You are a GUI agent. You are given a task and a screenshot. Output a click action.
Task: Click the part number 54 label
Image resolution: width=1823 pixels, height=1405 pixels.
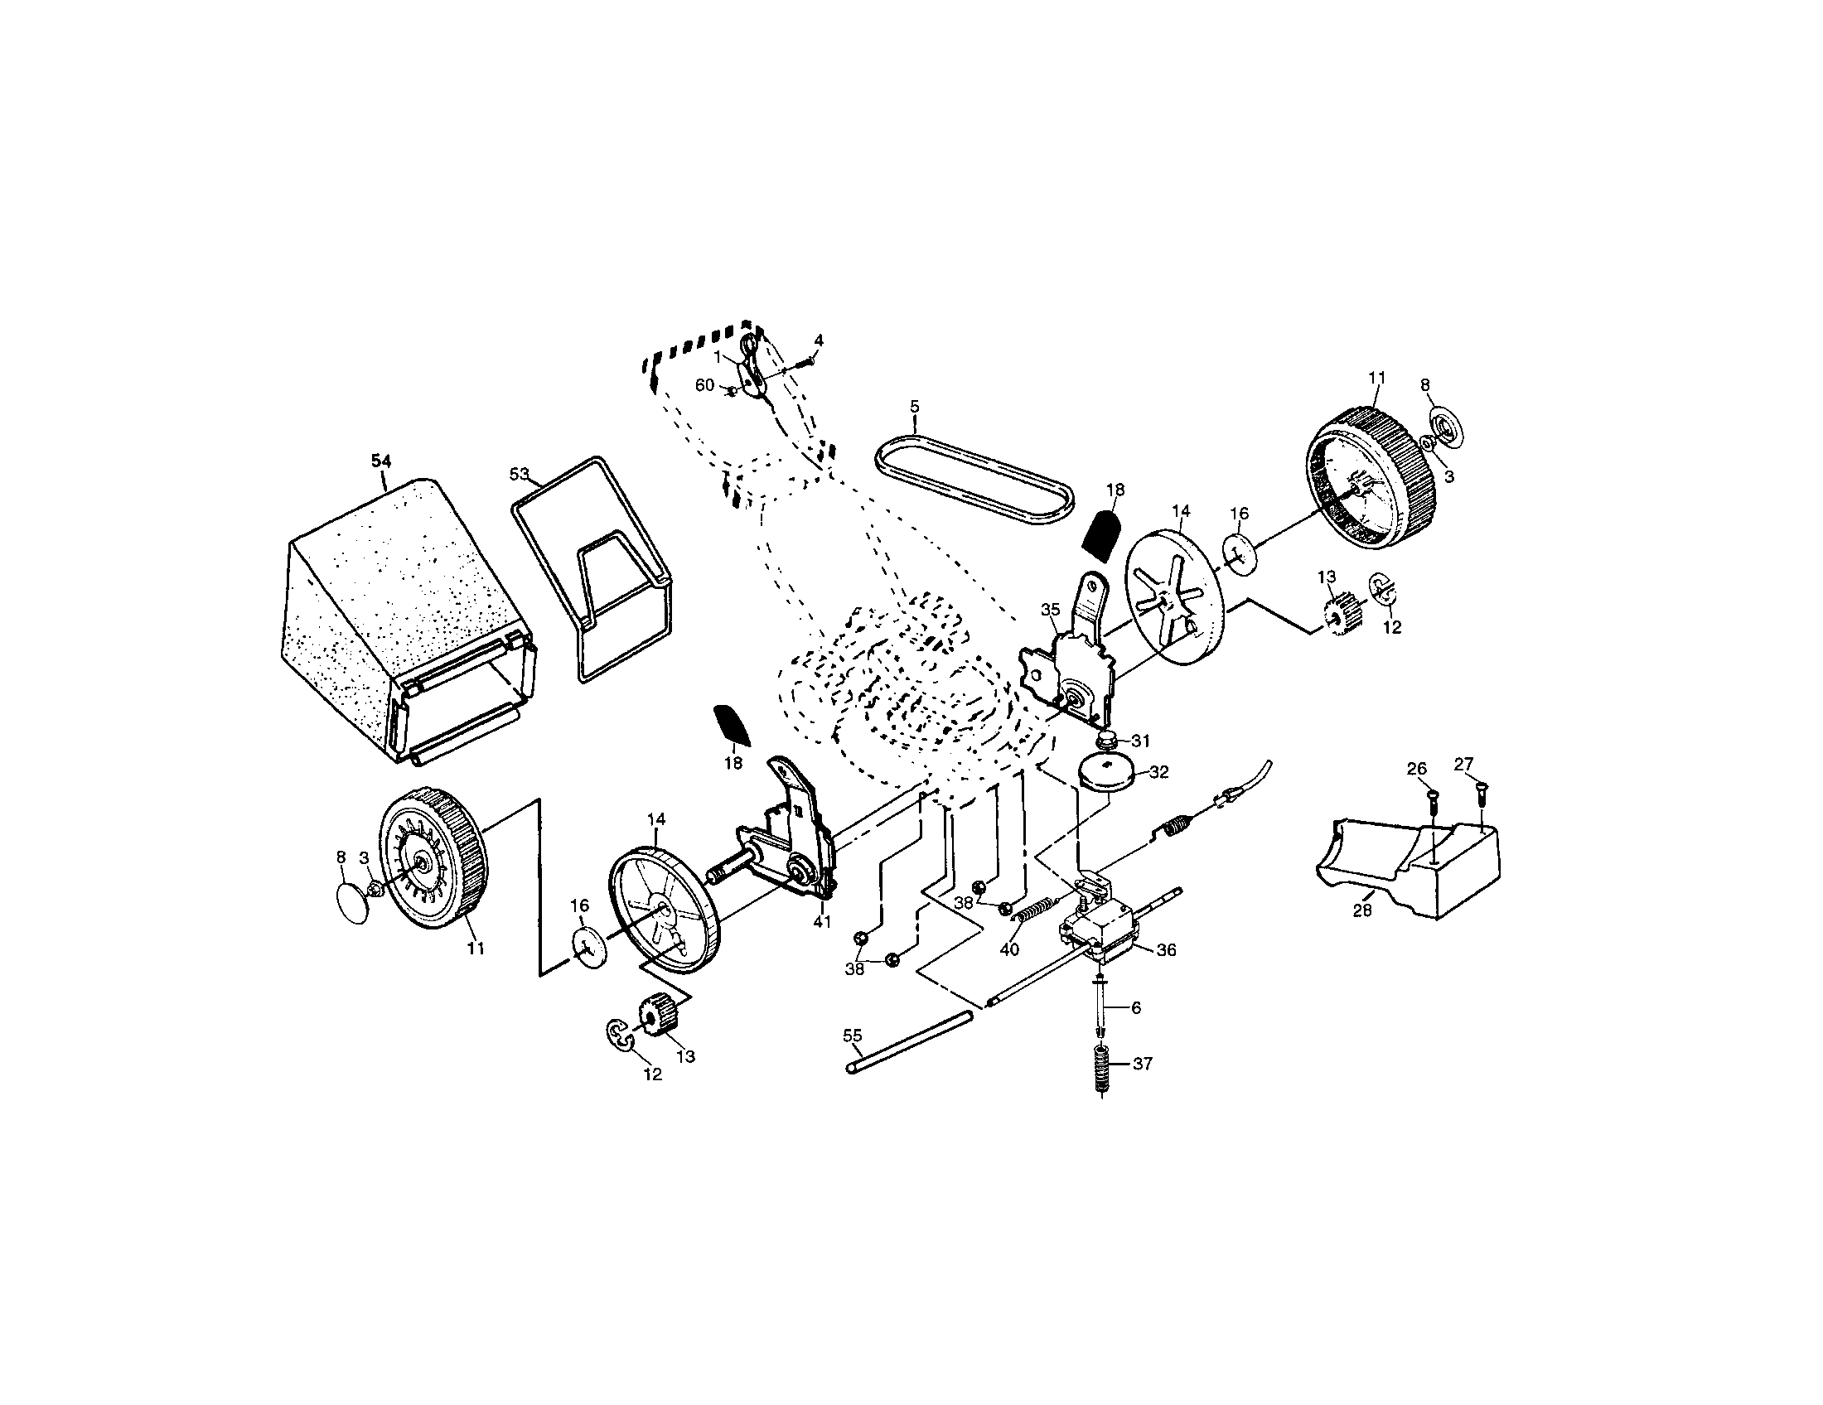pos(380,461)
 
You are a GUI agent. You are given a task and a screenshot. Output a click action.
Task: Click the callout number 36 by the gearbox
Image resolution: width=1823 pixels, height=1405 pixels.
pos(1166,950)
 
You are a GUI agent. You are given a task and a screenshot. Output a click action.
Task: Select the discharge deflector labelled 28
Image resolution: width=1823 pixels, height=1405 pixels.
pos(1410,867)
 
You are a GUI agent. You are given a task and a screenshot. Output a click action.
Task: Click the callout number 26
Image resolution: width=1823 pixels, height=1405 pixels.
pos(1416,769)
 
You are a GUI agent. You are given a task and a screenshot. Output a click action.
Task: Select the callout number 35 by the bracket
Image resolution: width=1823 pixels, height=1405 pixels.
pos(1050,610)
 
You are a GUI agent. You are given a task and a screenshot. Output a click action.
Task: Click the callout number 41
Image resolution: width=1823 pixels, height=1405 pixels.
pos(823,922)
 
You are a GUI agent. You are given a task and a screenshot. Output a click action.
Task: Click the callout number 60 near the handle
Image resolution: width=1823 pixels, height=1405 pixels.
pos(705,385)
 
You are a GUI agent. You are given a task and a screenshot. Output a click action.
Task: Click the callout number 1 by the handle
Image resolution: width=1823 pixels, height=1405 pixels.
pos(717,357)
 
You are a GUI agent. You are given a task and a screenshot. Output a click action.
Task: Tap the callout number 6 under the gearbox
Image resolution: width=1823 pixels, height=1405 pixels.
pos(1135,1008)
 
